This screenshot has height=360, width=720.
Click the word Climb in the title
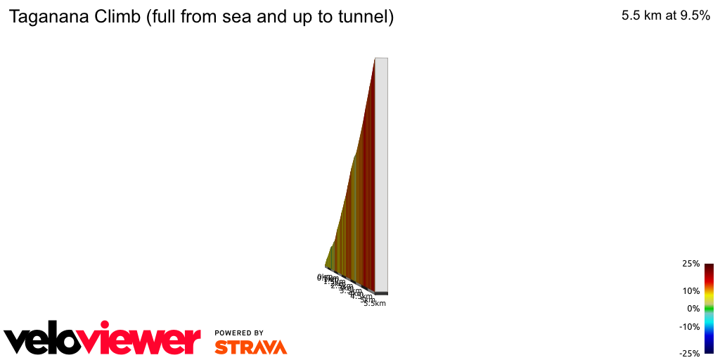119,17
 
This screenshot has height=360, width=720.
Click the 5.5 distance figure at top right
631,15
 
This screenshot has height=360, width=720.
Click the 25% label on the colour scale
690,264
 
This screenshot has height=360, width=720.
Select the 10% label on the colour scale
690,290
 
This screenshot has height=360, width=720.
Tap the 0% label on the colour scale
693,309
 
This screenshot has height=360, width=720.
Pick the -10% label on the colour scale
689,326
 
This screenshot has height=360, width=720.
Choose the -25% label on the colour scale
689,353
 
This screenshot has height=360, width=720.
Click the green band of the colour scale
709,309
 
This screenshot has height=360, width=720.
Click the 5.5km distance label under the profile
375,303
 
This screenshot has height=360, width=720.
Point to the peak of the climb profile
375,59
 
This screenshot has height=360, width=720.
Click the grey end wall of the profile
381,176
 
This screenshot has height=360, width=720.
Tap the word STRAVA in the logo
250,347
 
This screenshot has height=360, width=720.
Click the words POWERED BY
239,333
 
